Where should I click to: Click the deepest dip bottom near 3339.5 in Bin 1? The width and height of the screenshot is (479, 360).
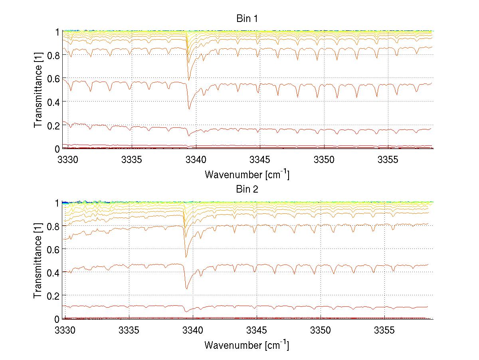click(189, 109)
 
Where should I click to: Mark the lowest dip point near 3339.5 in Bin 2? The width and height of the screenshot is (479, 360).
click(186, 288)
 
